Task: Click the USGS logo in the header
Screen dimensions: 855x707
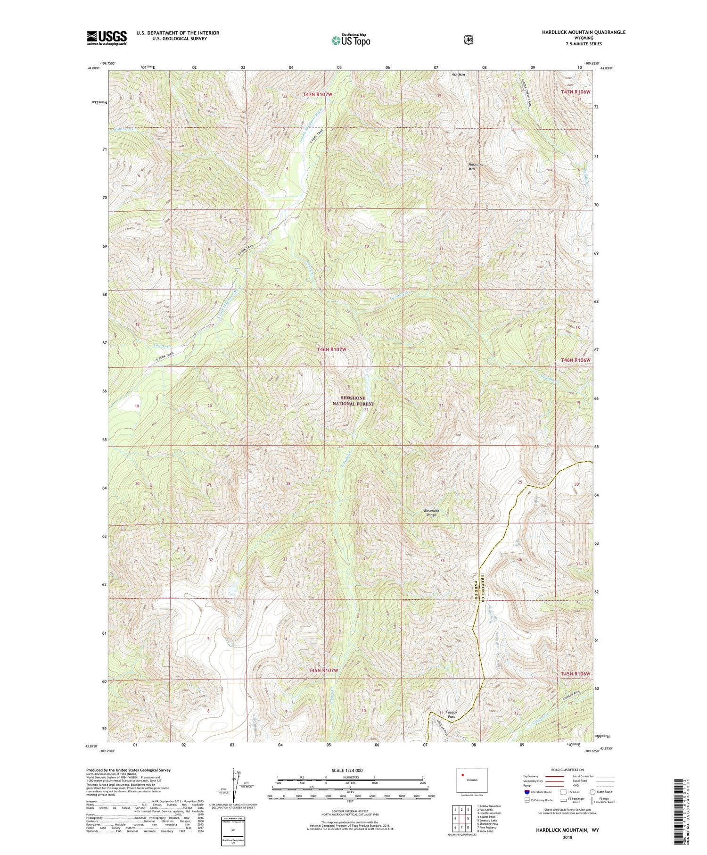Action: coord(107,38)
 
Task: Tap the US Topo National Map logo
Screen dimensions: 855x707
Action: coord(351,40)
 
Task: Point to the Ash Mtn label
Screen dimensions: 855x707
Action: coord(458,75)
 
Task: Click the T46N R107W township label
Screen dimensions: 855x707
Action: coord(331,349)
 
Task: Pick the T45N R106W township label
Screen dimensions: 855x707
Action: coord(575,673)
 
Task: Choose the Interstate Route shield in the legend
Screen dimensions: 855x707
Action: coord(527,792)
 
